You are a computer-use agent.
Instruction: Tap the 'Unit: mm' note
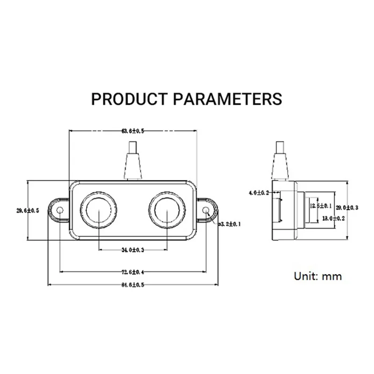coord(318,276)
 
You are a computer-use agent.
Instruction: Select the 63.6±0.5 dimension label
coord(133,131)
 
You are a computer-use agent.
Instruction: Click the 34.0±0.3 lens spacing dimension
coord(133,250)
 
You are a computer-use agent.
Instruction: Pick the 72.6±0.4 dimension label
coord(133,272)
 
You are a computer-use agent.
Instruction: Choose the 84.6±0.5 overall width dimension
coord(133,285)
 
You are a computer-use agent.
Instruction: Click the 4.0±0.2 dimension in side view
coord(259,193)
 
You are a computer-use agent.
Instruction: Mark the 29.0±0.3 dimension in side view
coord(346,207)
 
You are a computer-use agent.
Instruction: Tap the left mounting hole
coord(60,211)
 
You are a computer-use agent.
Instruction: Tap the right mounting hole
coord(206,211)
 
